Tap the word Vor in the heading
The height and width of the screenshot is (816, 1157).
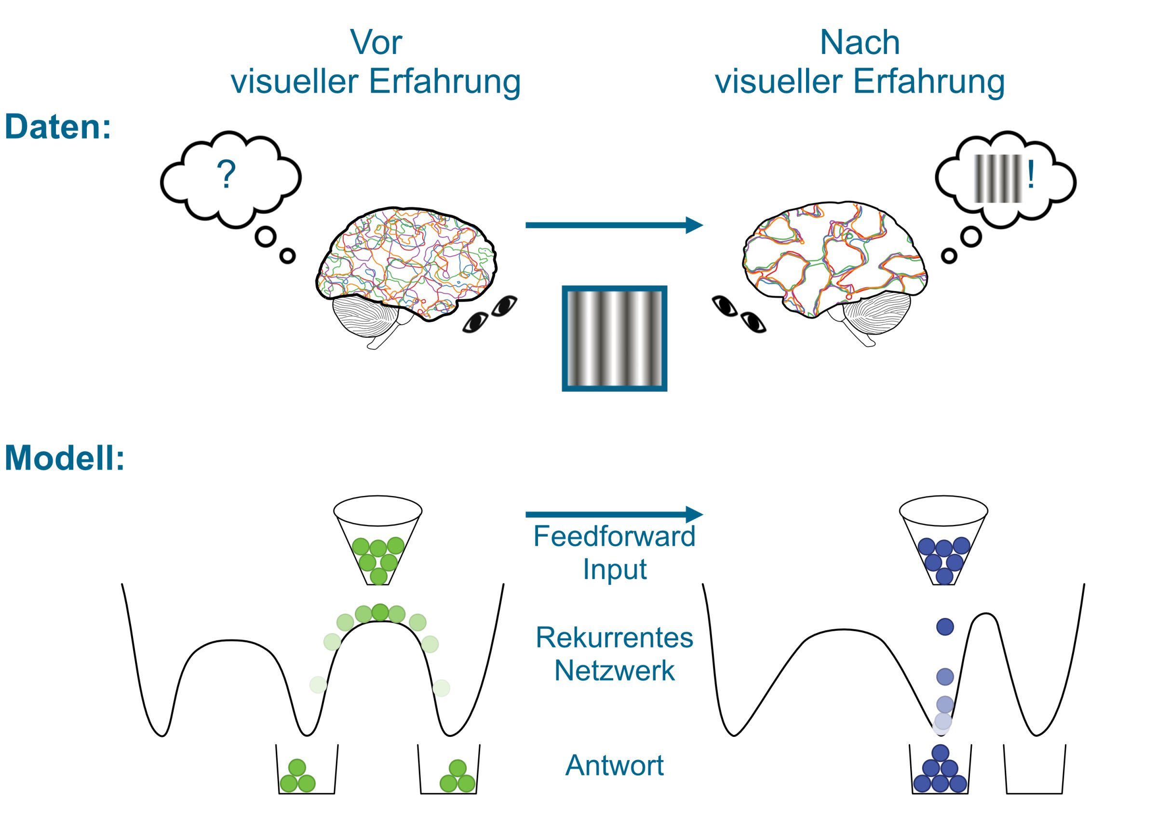click(x=376, y=42)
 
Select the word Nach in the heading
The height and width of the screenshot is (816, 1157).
click(x=860, y=42)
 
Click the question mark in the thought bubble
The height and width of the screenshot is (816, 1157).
click(x=226, y=174)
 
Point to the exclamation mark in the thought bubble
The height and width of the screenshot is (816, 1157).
click(x=1031, y=175)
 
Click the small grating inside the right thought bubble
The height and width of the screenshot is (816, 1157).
click(x=998, y=179)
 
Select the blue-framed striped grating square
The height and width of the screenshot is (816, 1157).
click(x=614, y=339)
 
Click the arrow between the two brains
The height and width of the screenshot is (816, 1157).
click(x=614, y=225)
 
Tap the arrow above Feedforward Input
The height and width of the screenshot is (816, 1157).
click(x=614, y=514)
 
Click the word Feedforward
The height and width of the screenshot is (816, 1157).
click(x=614, y=537)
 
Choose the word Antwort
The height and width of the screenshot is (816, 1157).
click(x=614, y=765)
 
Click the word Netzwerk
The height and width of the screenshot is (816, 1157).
click(x=614, y=671)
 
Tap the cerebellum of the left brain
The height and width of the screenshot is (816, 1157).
click(x=364, y=317)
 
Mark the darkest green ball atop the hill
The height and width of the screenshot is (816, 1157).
click(x=380, y=612)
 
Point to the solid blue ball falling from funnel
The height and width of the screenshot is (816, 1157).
click(x=945, y=627)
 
